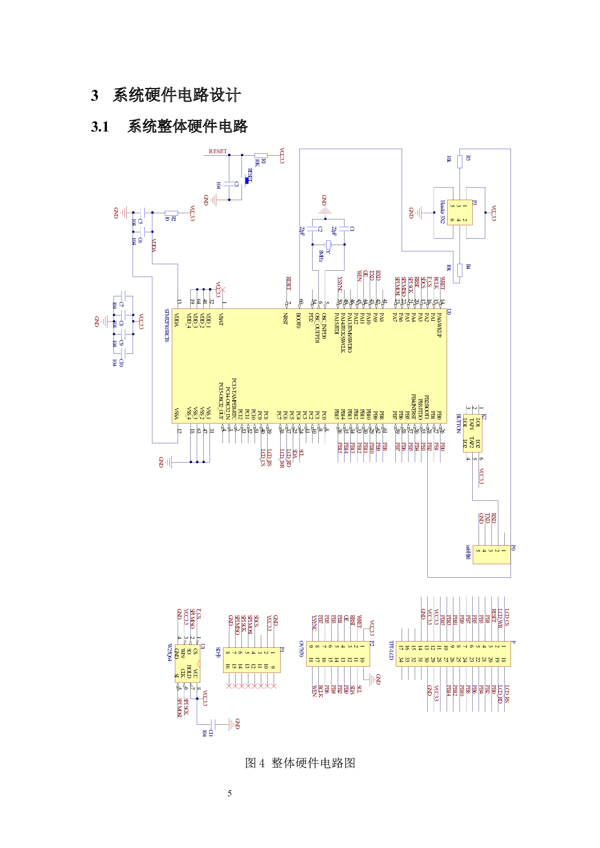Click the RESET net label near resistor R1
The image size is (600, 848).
(x=218, y=151)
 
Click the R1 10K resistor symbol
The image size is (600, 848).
(x=260, y=156)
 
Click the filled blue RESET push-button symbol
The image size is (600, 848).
(x=247, y=180)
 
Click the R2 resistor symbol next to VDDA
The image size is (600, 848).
(x=171, y=213)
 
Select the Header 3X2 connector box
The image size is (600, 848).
(x=459, y=212)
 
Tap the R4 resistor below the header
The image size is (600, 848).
(x=459, y=270)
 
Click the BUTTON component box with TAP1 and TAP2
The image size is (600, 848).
(x=472, y=433)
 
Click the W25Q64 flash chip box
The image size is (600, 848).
(x=187, y=663)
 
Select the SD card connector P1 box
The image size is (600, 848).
(x=252, y=660)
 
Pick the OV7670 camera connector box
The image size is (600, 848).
(x=338, y=653)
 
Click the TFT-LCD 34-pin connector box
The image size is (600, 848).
(x=453, y=653)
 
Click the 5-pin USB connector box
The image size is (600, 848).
(x=491, y=554)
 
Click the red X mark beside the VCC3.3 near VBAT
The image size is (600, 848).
(x=222, y=290)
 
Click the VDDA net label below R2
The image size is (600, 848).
(x=154, y=245)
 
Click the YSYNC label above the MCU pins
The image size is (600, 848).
(x=339, y=284)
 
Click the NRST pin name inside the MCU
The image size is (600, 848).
(x=285, y=319)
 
